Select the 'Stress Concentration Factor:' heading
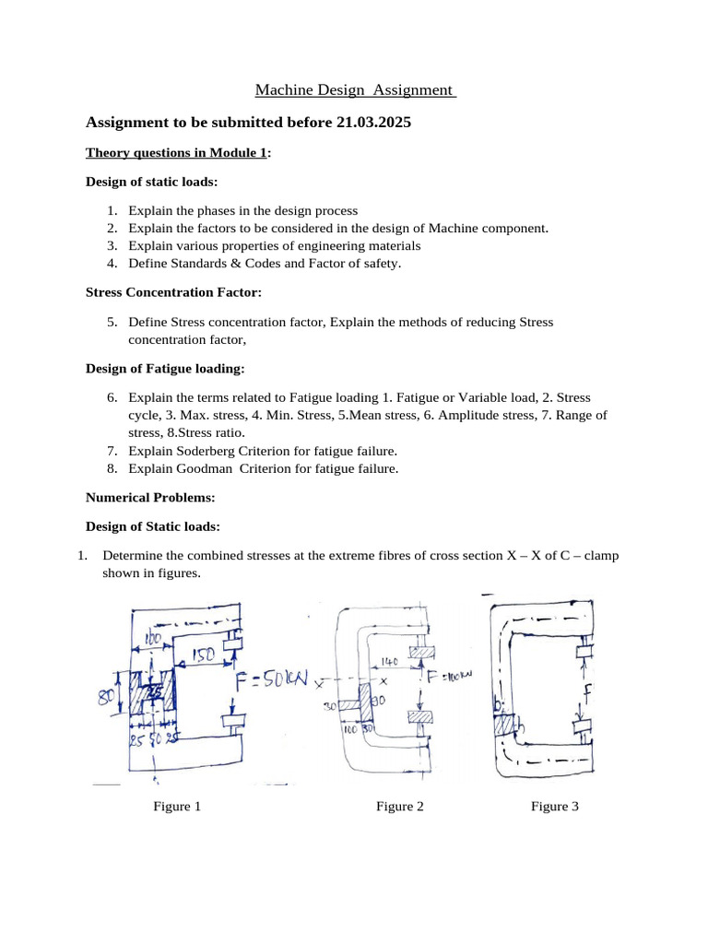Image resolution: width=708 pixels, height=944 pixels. click(173, 291)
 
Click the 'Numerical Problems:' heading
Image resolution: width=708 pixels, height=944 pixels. click(150, 497)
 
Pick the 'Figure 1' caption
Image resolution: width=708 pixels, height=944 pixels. click(177, 807)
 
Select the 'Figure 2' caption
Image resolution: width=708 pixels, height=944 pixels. click(400, 807)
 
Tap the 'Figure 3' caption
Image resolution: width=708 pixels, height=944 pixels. click(555, 807)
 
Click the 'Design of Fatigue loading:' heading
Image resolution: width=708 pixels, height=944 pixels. click(165, 368)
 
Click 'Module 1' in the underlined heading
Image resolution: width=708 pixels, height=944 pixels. click(241, 153)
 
